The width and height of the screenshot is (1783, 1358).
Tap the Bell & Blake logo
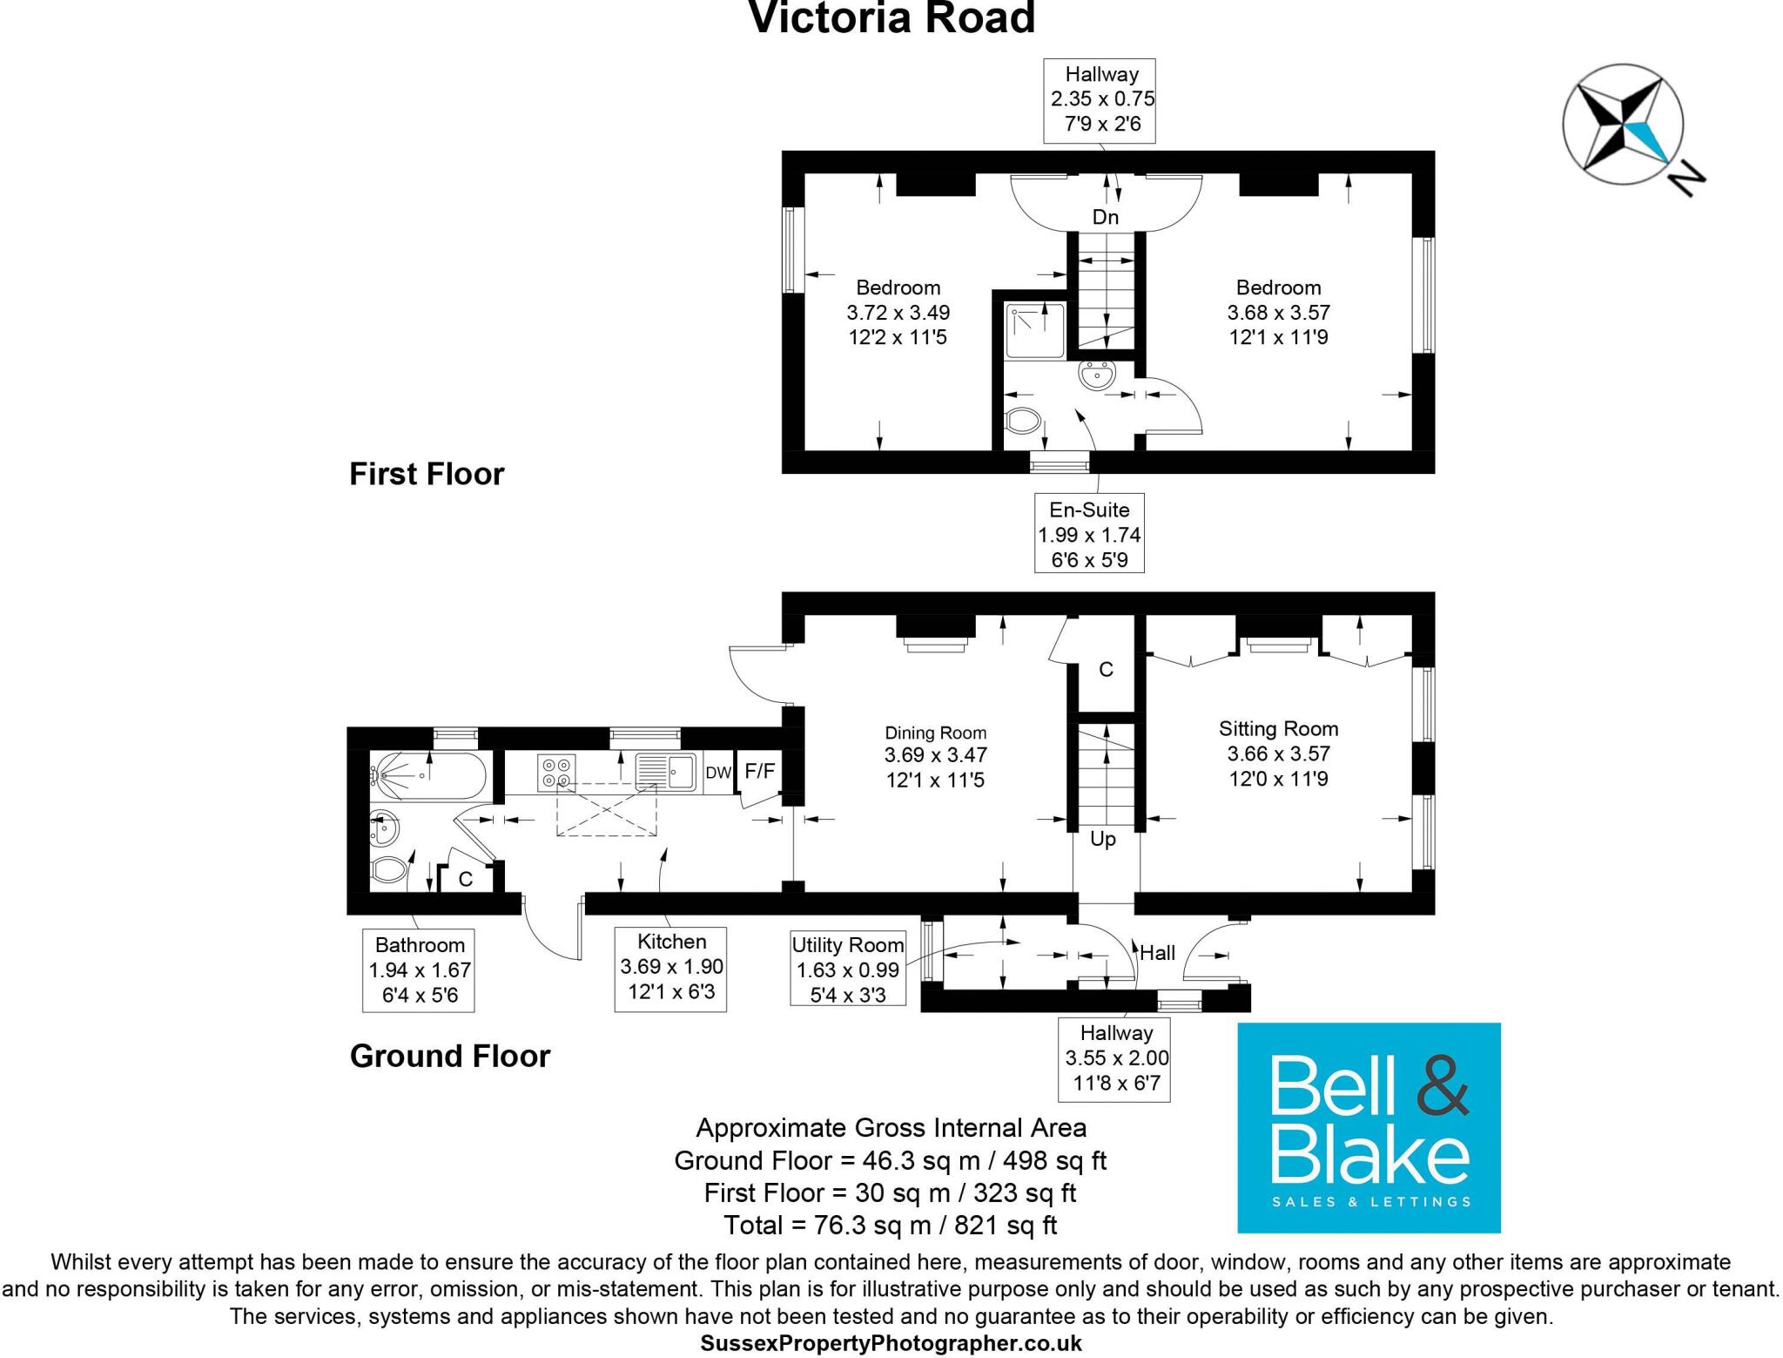1369,1127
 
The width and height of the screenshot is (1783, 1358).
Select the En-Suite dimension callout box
1088,533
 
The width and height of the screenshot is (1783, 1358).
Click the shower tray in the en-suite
1035,330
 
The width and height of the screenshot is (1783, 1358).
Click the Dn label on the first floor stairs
1105,217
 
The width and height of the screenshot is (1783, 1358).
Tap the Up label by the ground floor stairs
1102,839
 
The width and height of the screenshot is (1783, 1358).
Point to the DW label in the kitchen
717,773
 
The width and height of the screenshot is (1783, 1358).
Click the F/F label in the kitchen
759,771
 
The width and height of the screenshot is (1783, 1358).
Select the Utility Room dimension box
847,969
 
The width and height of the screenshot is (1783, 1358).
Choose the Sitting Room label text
1278,728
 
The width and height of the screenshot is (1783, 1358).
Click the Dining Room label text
935,733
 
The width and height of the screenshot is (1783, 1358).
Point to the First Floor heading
427,474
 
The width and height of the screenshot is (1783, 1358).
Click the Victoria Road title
891,19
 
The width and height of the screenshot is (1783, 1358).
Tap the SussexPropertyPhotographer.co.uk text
891,1343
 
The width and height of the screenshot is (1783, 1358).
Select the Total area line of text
890,1225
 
